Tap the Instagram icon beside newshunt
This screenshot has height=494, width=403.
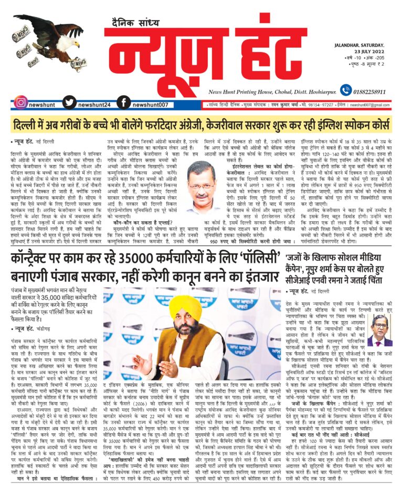pyautogui.click(x=20, y=102)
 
